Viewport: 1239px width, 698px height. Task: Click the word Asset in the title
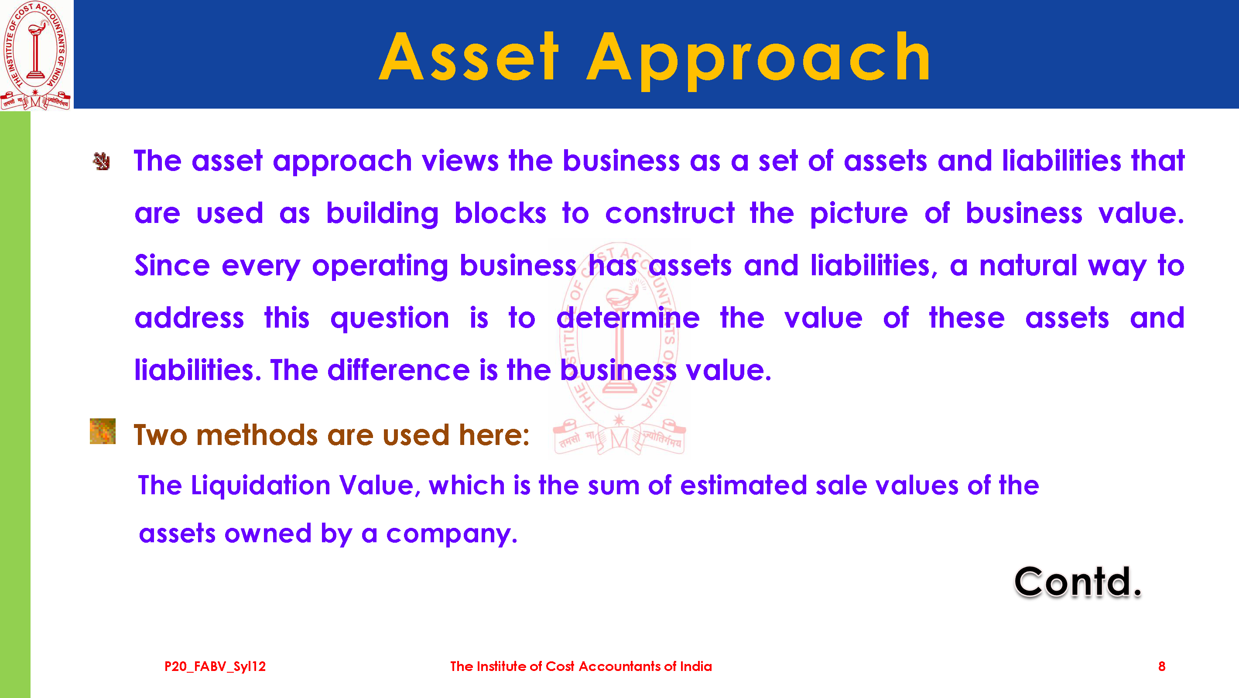(469, 57)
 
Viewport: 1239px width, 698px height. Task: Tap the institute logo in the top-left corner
(36, 55)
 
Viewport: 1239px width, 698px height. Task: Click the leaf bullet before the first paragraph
(102, 162)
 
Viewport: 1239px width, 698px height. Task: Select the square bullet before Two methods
(103, 431)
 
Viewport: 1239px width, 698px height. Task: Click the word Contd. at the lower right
(1078, 582)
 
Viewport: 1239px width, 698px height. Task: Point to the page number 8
(1161, 666)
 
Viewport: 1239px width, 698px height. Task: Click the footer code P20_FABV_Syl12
(215, 667)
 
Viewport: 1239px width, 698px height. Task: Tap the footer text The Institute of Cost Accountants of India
(581, 666)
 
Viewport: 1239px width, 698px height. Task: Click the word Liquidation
(261, 486)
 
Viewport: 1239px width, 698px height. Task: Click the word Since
(172, 265)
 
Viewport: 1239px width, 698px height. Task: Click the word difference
(398, 370)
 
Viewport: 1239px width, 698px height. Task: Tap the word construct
(670, 213)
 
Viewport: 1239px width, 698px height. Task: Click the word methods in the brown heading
(257, 435)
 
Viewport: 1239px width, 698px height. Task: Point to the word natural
(1028, 265)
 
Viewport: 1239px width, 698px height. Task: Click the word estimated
(743, 485)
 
